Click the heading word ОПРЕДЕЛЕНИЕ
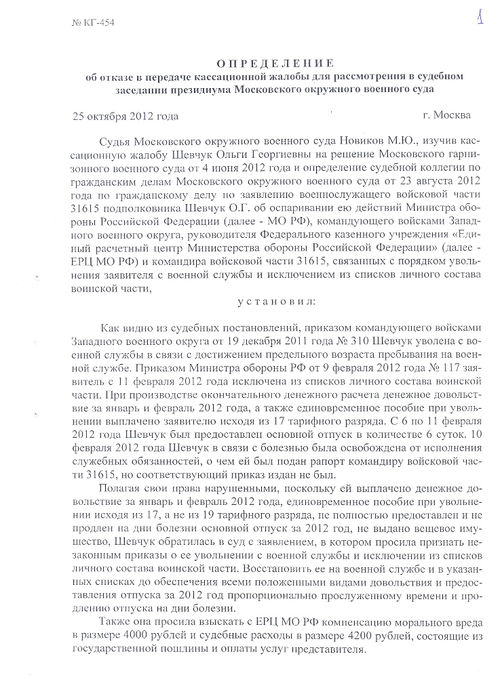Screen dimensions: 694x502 coord(267,63)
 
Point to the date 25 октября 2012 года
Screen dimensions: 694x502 coord(125,115)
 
